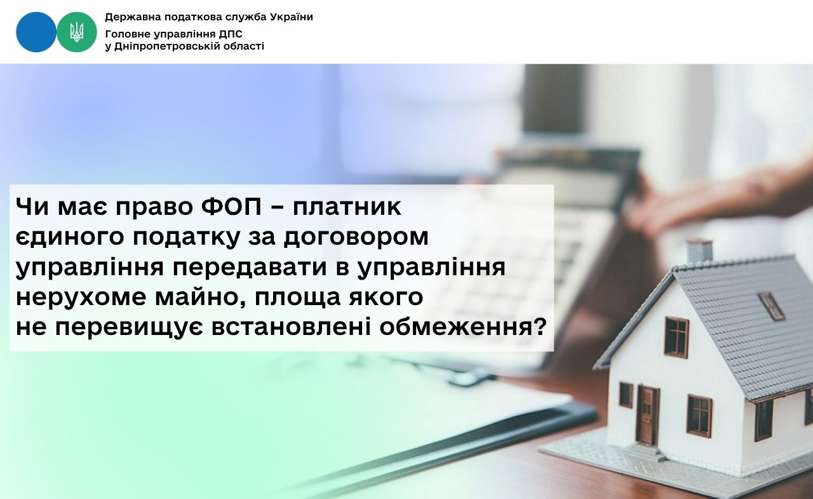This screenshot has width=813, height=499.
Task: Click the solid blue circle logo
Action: pos(36,32)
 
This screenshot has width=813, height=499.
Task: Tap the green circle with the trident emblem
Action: pos(77,32)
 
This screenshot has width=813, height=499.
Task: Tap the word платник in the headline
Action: pos(347,207)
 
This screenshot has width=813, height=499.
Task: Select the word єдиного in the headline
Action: pos(70,237)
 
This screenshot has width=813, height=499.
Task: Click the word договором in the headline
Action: pos(356,238)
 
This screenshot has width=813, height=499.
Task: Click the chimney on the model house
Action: pos(699,250)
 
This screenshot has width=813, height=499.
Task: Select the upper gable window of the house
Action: pos(676,337)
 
